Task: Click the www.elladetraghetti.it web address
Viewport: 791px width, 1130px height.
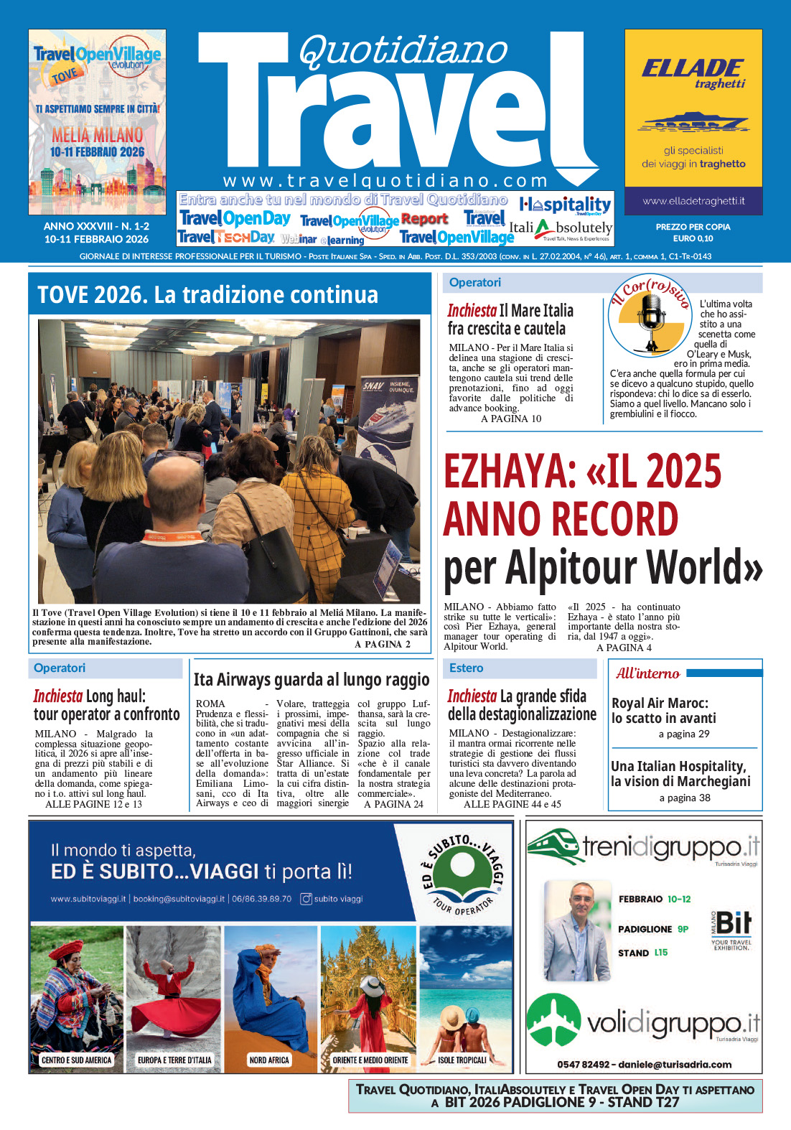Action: tap(693, 201)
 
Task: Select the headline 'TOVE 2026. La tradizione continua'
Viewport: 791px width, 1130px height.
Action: tap(207, 294)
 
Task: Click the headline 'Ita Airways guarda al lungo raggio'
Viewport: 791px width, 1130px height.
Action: tap(312, 680)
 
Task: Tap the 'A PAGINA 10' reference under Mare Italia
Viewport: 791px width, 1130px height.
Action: tap(511, 419)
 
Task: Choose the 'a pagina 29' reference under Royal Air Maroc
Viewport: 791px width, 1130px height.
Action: tap(684, 734)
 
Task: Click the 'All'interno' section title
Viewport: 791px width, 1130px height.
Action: tap(647, 673)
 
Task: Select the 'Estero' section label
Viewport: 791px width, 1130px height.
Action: tap(466, 668)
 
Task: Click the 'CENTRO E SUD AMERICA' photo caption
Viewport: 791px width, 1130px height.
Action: tap(77, 1060)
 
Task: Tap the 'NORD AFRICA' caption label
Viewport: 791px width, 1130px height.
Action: tap(269, 1060)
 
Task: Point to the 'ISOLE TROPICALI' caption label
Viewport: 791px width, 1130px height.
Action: tap(462, 1060)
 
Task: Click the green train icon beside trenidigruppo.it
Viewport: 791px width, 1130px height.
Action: tap(553, 846)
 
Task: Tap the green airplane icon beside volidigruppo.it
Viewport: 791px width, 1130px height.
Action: tap(553, 1019)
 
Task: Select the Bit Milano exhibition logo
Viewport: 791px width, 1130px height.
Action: tap(731, 929)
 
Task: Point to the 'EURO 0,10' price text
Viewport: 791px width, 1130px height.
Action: tap(693, 238)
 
